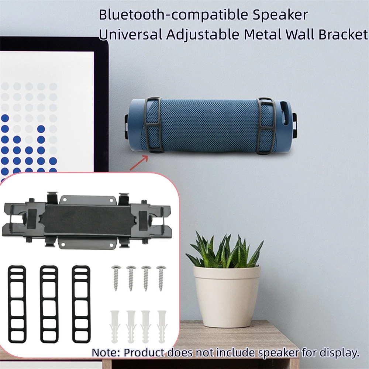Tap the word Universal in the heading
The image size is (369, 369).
tap(130, 34)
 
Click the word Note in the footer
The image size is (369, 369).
tap(104, 352)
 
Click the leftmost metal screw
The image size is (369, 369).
tap(115, 277)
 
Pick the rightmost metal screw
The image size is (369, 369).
tap(161, 277)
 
